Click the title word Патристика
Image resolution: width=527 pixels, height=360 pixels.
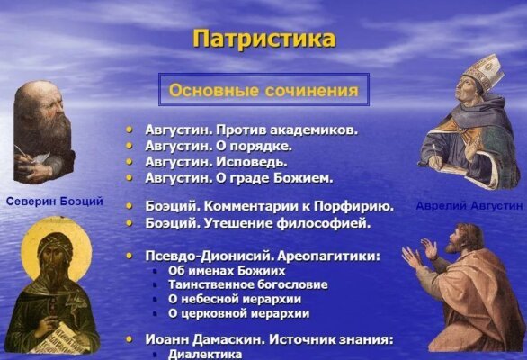(263, 39)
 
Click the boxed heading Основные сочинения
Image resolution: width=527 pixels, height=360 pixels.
(263, 91)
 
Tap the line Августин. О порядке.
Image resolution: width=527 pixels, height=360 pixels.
(218, 145)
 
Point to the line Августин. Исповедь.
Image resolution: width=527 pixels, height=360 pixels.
(216, 161)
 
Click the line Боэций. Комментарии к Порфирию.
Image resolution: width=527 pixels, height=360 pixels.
(269, 206)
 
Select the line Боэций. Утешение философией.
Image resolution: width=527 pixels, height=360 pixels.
(257, 222)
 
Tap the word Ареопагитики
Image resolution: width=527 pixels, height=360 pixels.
(327, 256)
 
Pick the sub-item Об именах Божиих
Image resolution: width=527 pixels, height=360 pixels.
(227, 270)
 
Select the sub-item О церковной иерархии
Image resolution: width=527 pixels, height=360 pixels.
(238, 313)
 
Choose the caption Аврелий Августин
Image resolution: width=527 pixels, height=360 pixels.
(469, 206)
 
